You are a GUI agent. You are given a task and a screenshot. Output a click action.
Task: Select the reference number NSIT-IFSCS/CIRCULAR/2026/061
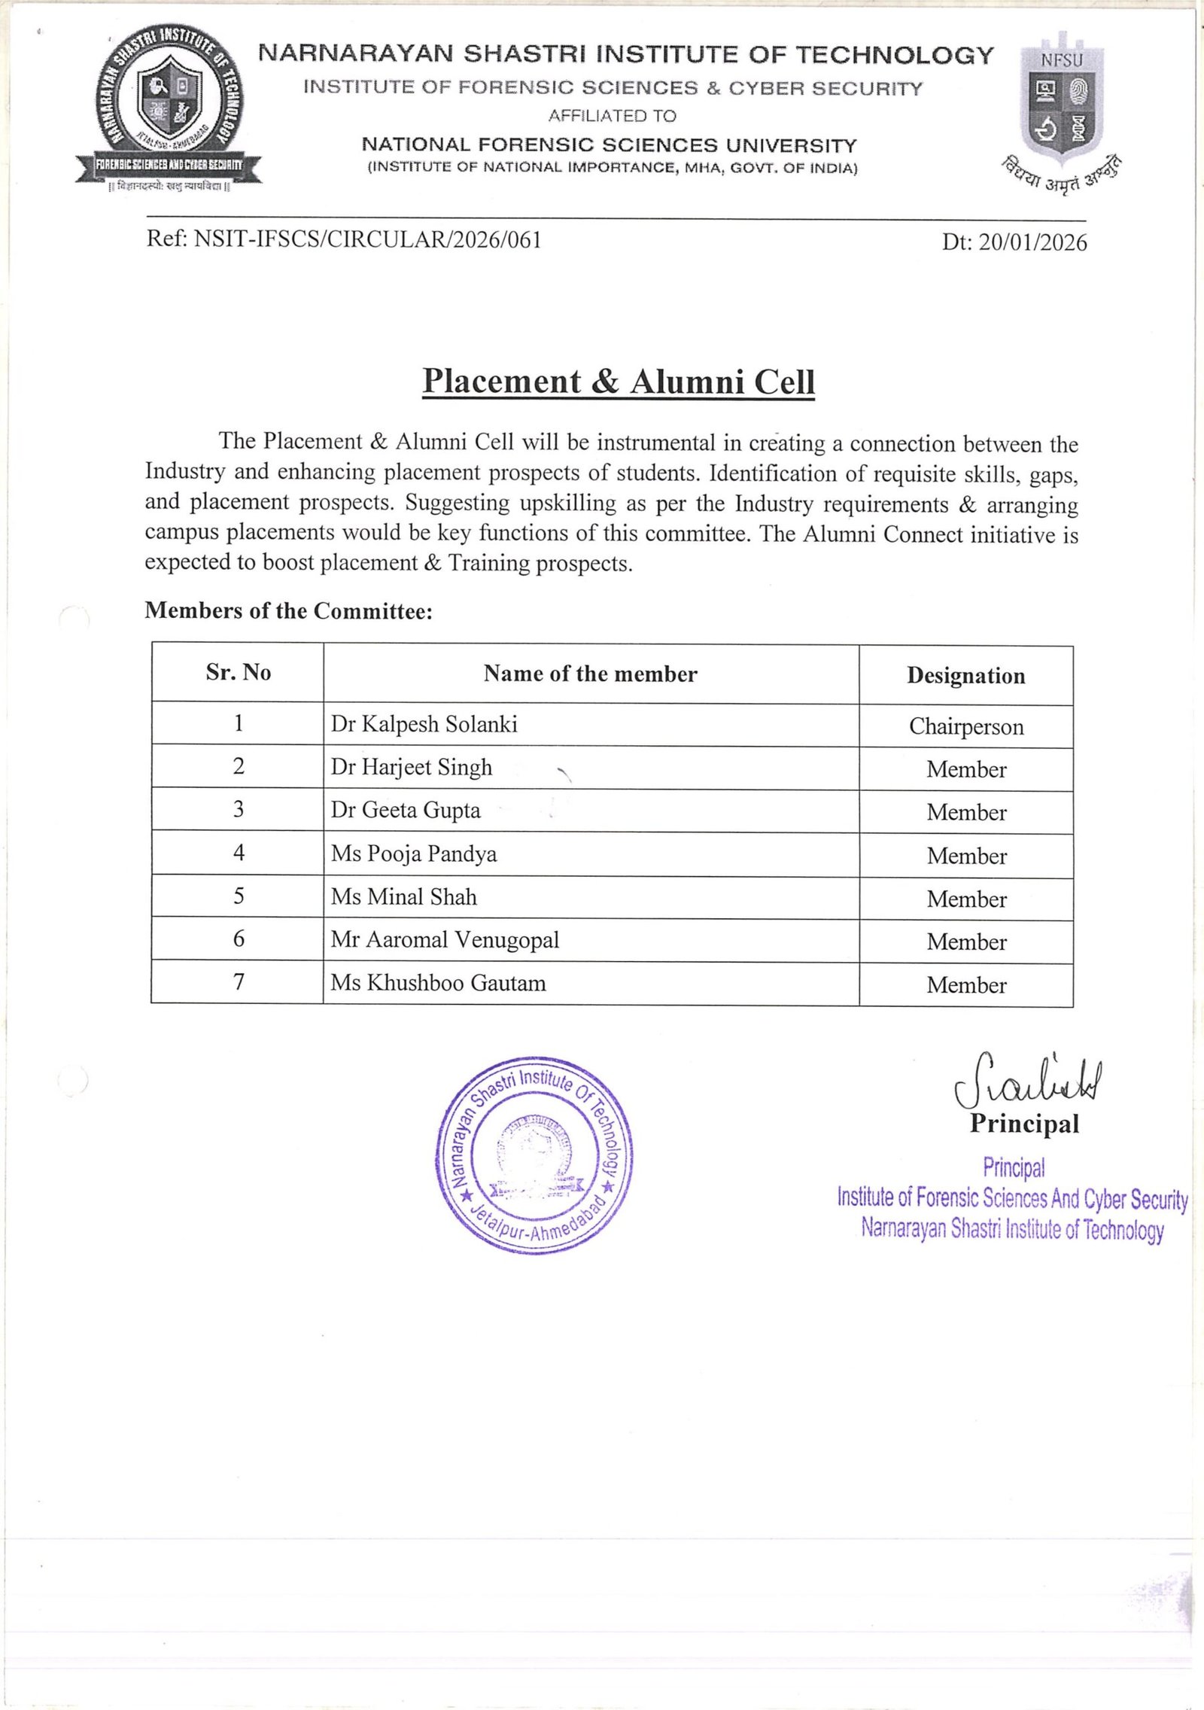coord(367,239)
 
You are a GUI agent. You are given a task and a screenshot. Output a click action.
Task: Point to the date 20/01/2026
coord(1032,242)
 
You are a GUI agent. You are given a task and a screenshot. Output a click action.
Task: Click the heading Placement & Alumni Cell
coord(618,382)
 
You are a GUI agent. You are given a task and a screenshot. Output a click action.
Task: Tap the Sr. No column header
coord(238,672)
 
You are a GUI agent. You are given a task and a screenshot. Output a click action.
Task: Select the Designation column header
coord(965,676)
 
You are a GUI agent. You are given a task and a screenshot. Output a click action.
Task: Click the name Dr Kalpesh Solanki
coord(424,724)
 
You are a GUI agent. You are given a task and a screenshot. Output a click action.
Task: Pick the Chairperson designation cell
coord(966,726)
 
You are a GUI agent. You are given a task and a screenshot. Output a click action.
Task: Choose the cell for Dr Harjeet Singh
coord(412,767)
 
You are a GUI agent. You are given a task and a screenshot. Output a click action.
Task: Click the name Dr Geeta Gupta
coord(406,810)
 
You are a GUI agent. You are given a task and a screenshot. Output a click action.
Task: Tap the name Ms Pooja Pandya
coord(414,853)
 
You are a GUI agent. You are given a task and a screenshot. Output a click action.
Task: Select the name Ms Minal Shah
coord(404,896)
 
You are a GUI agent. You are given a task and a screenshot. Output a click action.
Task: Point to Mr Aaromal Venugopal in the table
coord(445,939)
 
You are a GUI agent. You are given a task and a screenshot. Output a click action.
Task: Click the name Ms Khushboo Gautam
coord(438,982)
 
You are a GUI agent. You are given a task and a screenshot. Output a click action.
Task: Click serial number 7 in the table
coord(239,981)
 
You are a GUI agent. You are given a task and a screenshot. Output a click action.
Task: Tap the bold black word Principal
coord(1024,1124)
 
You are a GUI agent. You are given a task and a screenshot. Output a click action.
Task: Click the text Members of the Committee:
coord(289,610)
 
